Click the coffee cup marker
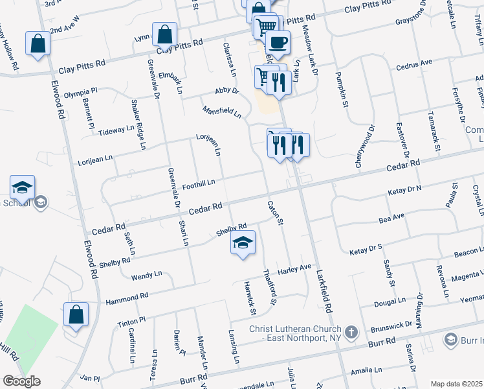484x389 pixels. (x=278, y=43)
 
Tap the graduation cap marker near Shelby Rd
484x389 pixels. (x=243, y=243)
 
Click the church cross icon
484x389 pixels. (x=351, y=333)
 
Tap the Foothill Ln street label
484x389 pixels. (x=198, y=185)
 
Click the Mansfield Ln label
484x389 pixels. (x=221, y=113)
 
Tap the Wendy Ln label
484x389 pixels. (x=146, y=276)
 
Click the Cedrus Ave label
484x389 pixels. (x=417, y=64)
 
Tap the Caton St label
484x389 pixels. (x=276, y=213)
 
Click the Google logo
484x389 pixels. (x=22, y=381)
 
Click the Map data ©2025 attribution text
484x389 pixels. (x=456, y=384)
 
